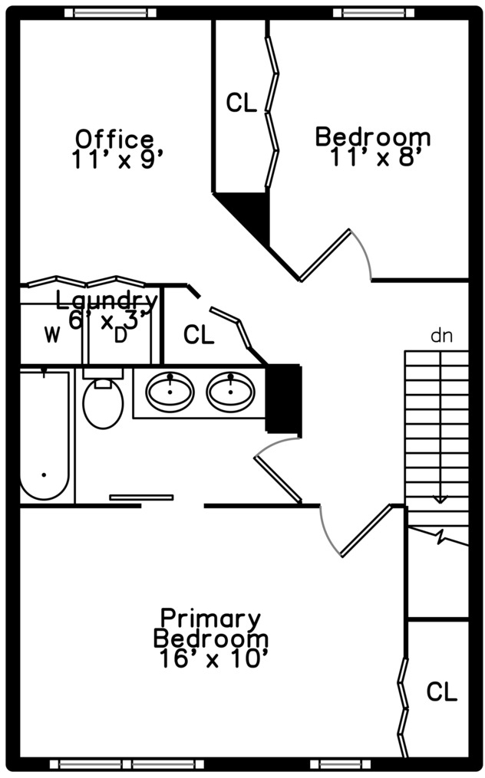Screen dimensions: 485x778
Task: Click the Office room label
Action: coord(114,139)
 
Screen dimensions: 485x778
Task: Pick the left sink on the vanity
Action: coord(170,392)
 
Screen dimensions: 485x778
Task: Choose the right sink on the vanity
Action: coord(231,392)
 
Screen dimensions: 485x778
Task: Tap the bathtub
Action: coord(44,435)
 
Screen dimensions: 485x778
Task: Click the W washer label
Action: coord(52,336)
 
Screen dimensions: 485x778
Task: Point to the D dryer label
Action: coord(120,336)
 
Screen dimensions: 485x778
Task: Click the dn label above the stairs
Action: coord(442,336)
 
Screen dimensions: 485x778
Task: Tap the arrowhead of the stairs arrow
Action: coord(439,500)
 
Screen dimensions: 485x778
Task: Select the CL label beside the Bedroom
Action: coord(241,103)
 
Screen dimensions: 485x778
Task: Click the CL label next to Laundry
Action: coord(199,335)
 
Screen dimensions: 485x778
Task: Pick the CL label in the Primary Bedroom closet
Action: coord(442,691)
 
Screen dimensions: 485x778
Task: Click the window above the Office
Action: coord(111,13)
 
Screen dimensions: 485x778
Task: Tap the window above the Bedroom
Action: coord(374,13)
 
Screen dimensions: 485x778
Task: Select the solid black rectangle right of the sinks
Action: coord(284,399)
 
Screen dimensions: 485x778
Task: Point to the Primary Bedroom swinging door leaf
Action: coord(367,530)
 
